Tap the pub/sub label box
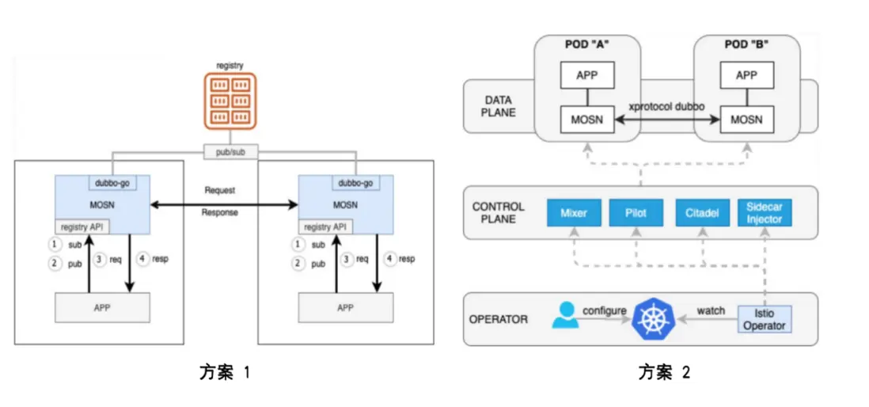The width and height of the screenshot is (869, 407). [230, 151]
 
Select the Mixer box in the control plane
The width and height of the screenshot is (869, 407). [574, 212]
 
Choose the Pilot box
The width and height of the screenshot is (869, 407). [635, 212]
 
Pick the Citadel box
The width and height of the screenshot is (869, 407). [702, 212]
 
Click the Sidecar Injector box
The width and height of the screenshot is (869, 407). [764, 212]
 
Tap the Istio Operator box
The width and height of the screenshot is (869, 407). [764, 319]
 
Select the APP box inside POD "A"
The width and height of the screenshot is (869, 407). [586, 75]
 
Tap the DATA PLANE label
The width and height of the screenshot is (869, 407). [499, 106]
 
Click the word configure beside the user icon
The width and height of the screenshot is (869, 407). [605, 310]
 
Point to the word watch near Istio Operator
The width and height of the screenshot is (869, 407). [710, 310]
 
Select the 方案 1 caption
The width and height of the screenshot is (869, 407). [224, 372]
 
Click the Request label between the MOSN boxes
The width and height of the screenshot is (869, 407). [219, 191]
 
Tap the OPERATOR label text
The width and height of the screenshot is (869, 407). [499, 320]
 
